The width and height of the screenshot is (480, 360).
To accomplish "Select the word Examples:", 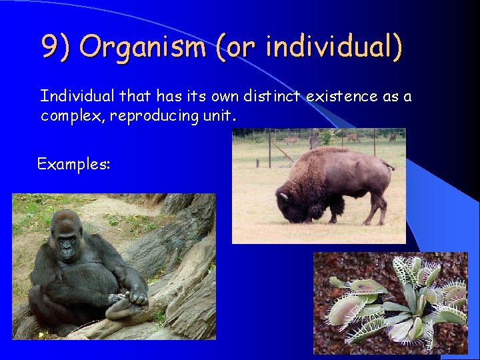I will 73,163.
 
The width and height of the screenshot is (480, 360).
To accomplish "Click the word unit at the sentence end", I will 219,116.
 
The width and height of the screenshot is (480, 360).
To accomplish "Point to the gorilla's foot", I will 127,306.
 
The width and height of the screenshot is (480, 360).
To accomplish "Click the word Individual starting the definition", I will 73,97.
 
